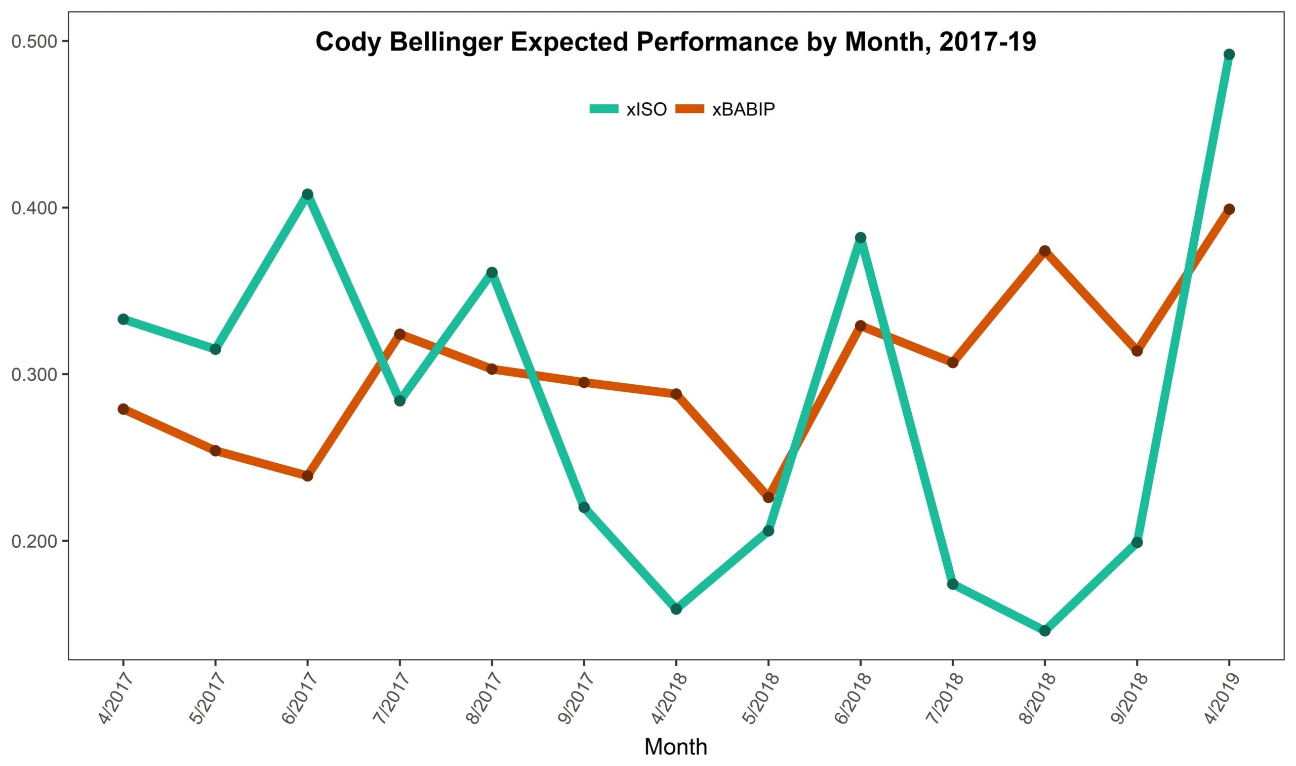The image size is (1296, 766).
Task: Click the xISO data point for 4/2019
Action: tap(1229, 54)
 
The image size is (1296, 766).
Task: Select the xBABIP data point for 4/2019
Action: tap(1229, 209)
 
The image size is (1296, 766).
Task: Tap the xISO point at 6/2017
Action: tap(307, 194)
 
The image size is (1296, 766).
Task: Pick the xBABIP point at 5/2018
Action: tap(768, 497)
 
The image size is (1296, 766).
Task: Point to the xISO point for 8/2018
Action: tap(1044, 631)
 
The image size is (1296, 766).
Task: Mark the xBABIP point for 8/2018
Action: tap(1044, 251)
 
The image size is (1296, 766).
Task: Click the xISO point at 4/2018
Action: tap(676, 609)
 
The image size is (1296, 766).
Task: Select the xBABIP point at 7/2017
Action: tap(399, 334)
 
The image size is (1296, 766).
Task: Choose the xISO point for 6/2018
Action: tap(861, 237)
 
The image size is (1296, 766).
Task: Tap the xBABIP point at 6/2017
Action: tap(307, 475)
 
